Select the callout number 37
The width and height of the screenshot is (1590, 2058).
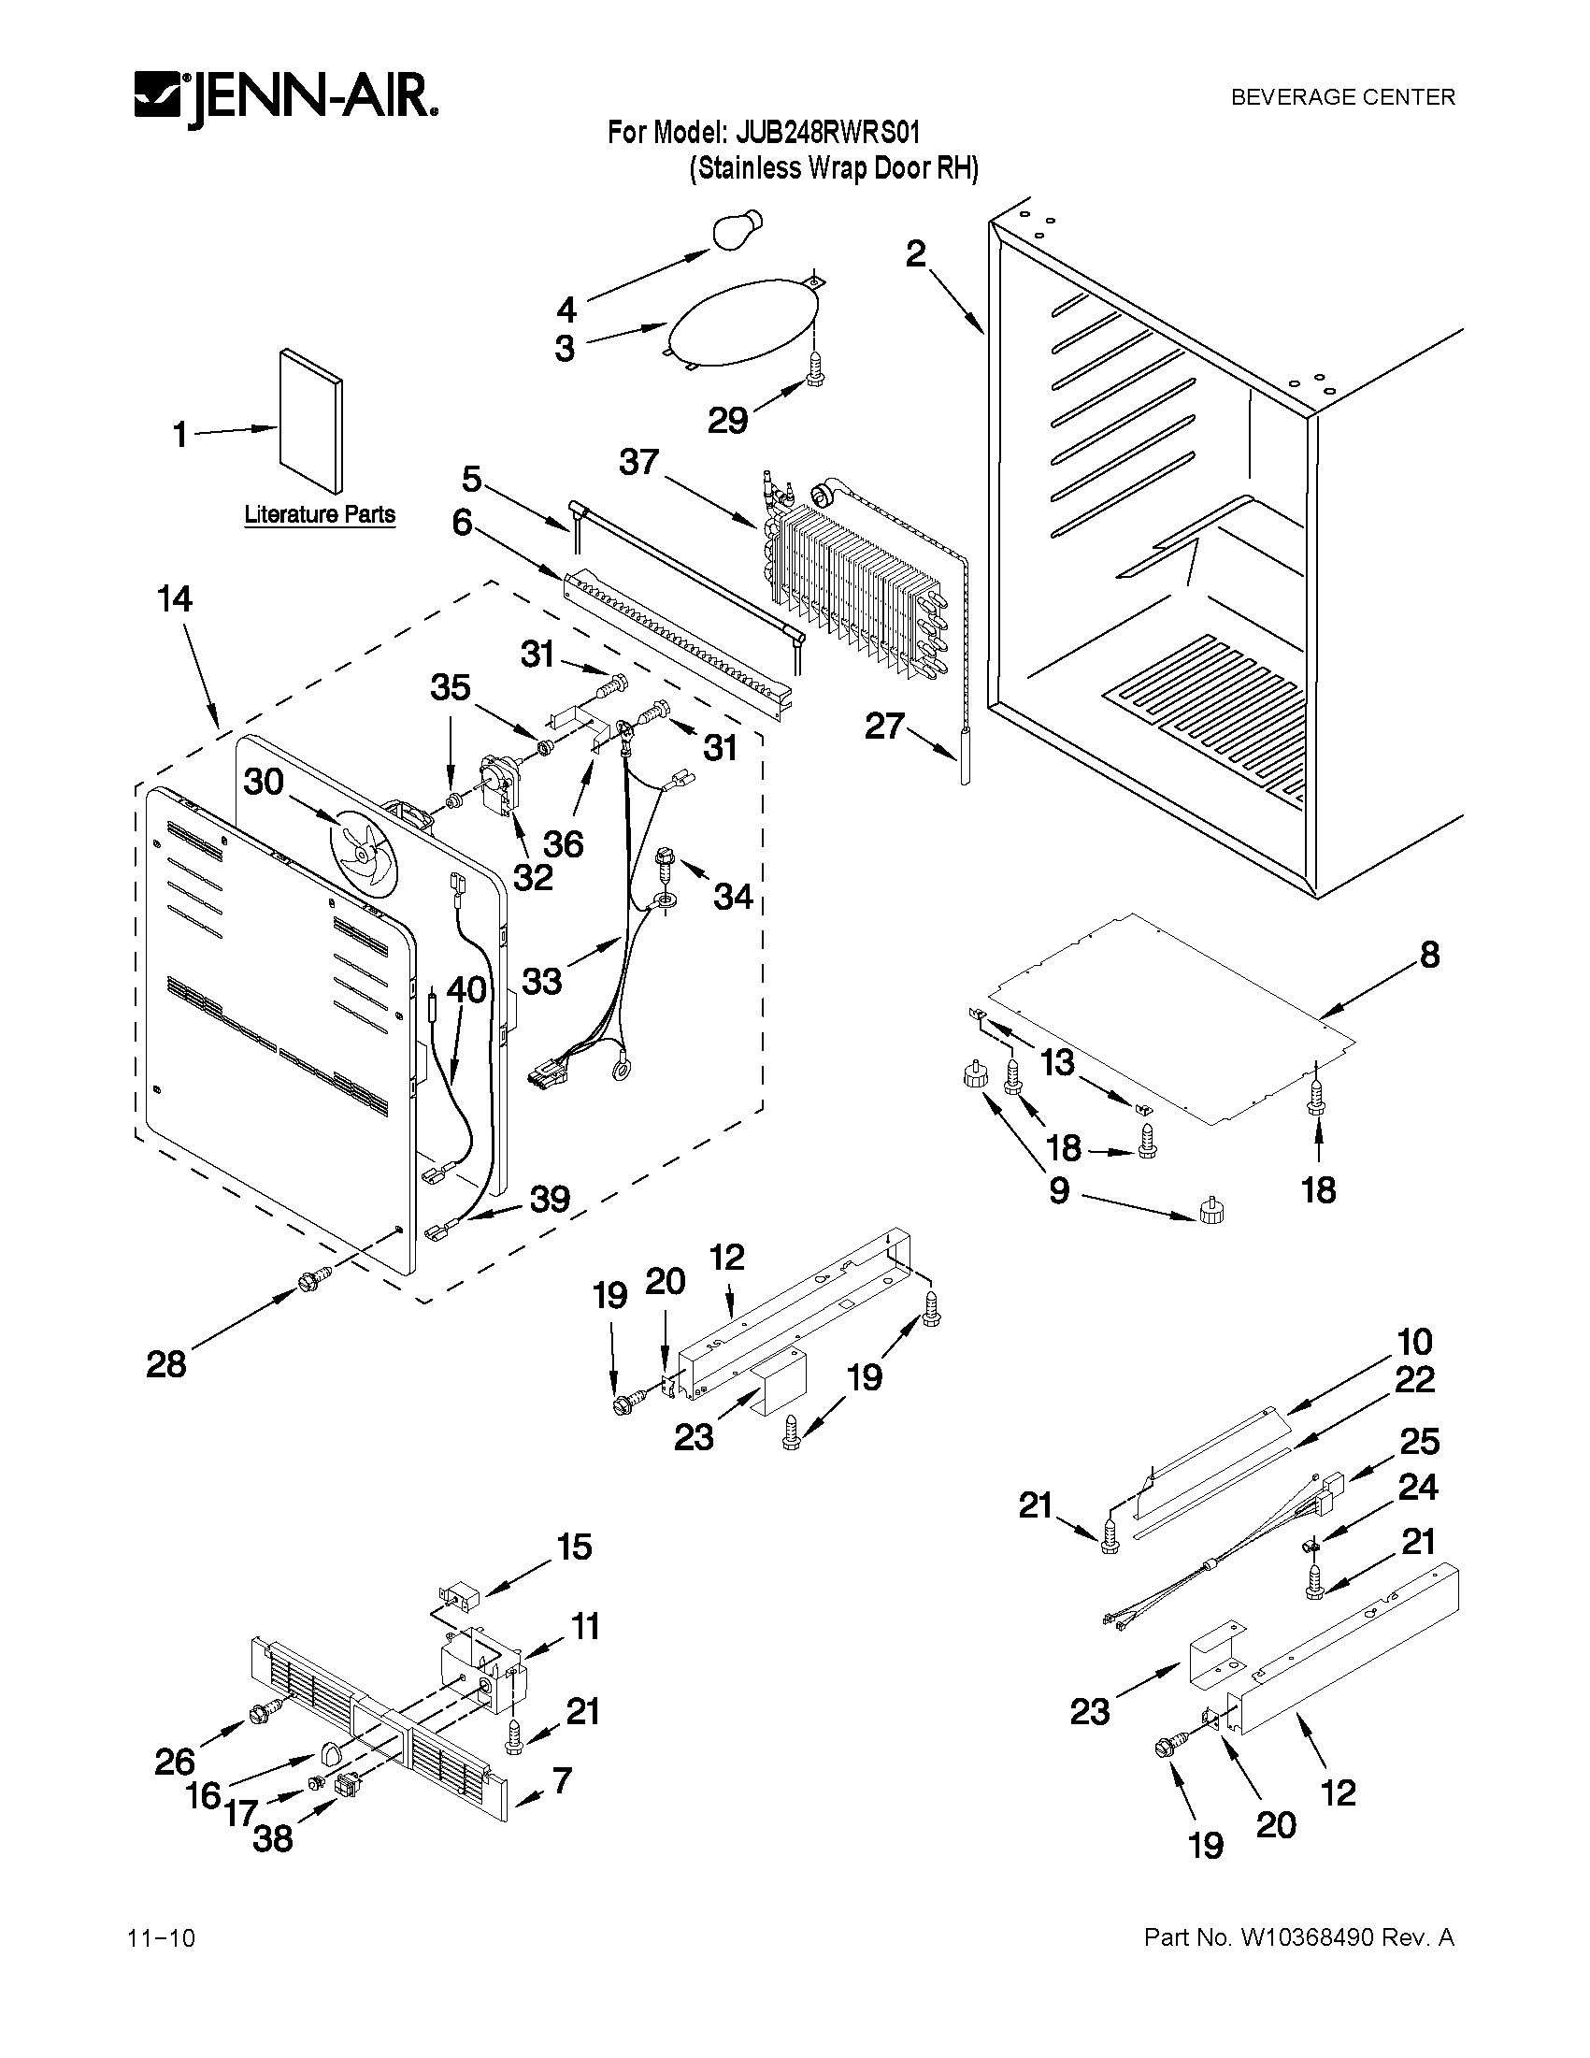[x=639, y=463]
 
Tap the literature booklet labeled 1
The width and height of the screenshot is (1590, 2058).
[x=311, y=420]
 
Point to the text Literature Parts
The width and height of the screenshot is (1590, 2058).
[x=320, y=514]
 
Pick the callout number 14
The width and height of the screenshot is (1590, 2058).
[x=175, y=599]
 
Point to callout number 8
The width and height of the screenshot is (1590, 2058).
[x=1429, y=956]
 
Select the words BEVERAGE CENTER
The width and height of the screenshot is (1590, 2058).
[x=1343, y=97]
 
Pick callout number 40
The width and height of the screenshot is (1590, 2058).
[x=466, y=990]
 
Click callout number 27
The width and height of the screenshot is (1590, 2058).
[x=884, y=727]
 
